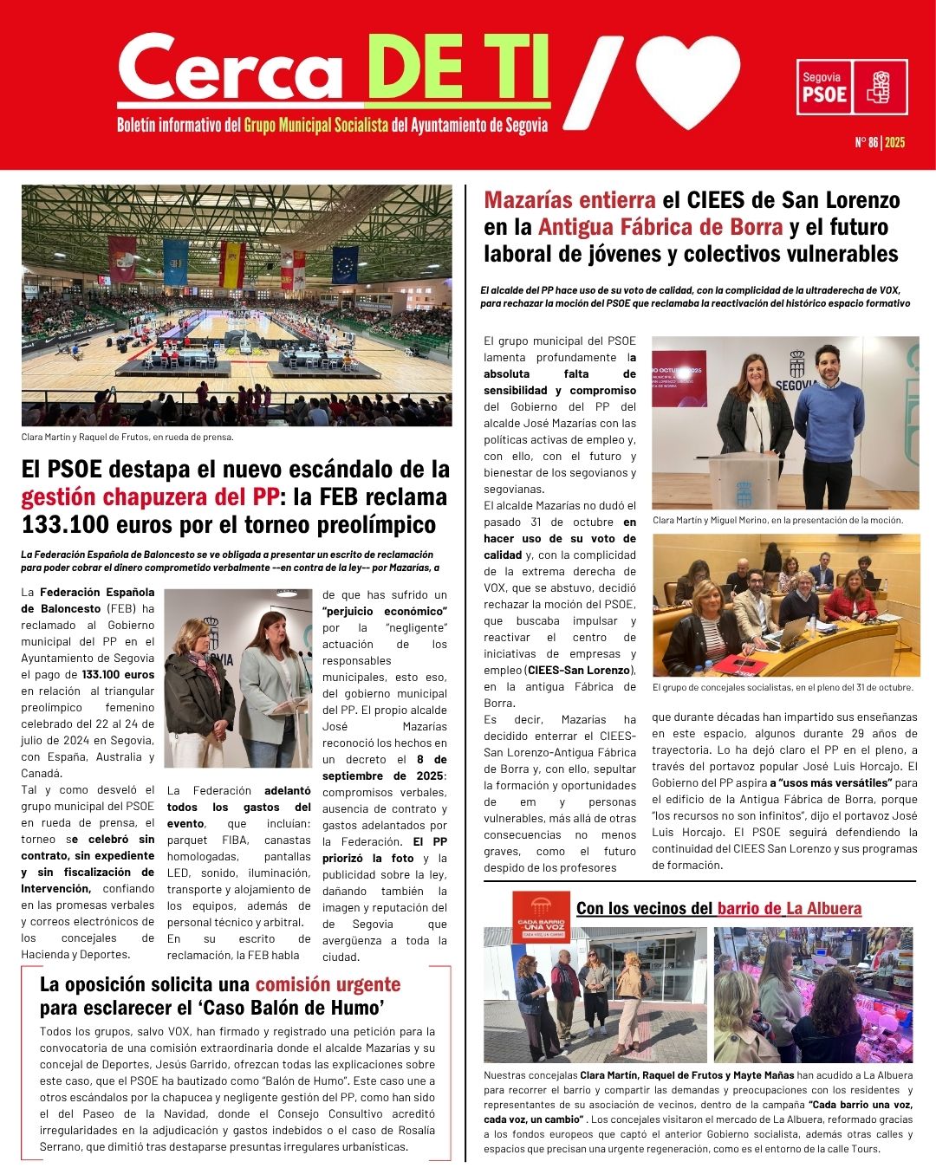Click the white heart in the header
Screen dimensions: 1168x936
(x=689, y=80)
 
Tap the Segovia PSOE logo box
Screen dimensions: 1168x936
(x=852, y=87)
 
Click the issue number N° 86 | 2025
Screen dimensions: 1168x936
(x=879, y=142)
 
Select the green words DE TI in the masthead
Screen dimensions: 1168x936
(x=458, y=69)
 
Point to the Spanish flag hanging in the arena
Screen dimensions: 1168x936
(x=231, y=264)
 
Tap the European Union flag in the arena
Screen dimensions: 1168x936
(x=345, y=264)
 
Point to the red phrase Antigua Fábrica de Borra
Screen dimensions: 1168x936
(x=660, y=227)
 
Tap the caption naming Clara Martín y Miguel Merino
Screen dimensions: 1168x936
(x=777, y=521)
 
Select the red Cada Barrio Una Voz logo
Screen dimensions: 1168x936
(x=540, y=917)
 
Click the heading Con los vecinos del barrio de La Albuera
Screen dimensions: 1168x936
(x=718, y=908)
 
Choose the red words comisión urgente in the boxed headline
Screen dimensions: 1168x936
(x=328, y=984)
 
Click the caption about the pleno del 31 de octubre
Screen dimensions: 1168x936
(x=782, y=687)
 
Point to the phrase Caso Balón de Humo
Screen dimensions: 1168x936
(x=309, y=1008)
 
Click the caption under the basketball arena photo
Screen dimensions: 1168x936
(x=127, y=437)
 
